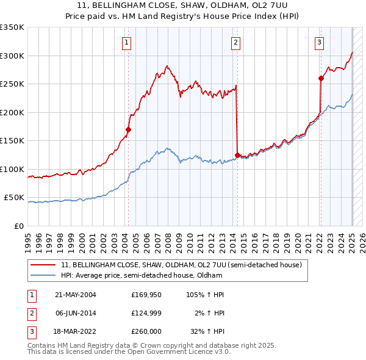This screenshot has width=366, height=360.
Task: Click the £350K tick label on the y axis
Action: [x=12, y=27]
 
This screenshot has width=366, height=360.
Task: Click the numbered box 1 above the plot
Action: [x=126, y=42]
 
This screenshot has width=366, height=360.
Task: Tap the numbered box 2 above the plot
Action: [x=235, y=42]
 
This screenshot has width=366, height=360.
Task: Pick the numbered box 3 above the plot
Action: [x=319, y=42]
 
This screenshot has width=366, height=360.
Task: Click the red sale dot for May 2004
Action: [x=129, y=129]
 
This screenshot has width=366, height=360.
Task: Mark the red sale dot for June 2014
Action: [x=237, y=155]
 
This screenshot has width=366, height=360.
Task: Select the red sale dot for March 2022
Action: [x=321, y=78]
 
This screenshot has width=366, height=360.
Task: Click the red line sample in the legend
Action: [x=43, y=265]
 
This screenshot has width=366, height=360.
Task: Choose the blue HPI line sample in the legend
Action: [x=43, y=275]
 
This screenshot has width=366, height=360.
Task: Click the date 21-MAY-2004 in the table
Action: [x=76, y=295]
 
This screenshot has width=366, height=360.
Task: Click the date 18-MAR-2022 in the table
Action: [x=76, y=332]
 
